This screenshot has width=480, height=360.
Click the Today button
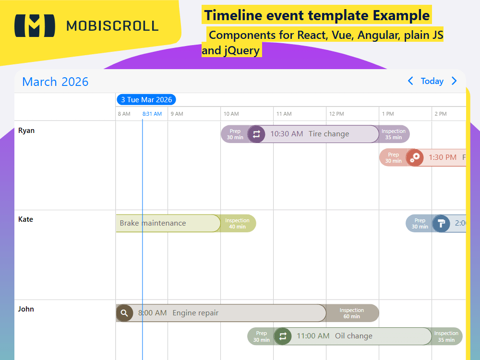click(432, 81)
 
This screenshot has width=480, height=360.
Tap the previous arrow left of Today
click(410, 81)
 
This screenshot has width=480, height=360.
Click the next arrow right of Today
click(454, 81)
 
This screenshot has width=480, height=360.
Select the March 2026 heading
click(55, 82)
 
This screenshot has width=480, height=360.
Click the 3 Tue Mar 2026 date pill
click(146, 100)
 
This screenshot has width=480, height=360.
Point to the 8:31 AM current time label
click(152, 114)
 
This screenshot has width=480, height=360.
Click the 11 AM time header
click(284, 114)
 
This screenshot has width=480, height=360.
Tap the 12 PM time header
click(336, 114)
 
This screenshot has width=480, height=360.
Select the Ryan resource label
click(26, 131)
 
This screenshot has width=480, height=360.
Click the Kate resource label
click(25, 219)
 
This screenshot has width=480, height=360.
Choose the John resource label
click(26, 309)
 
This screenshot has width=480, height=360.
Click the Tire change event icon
click(256, 134)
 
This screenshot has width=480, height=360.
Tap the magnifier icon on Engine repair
click(124, 313)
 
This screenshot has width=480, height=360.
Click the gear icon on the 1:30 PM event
click(415, 157)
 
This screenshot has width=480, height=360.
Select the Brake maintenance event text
click(153, 223)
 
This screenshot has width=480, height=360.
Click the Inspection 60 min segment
click(352, 313)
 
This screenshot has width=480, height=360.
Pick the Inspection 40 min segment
click(237, 223)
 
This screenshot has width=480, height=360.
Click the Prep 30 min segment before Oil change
click(261, 336)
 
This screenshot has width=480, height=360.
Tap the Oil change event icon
click(283, 336)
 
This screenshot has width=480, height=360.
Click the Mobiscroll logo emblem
click(35, 25)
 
